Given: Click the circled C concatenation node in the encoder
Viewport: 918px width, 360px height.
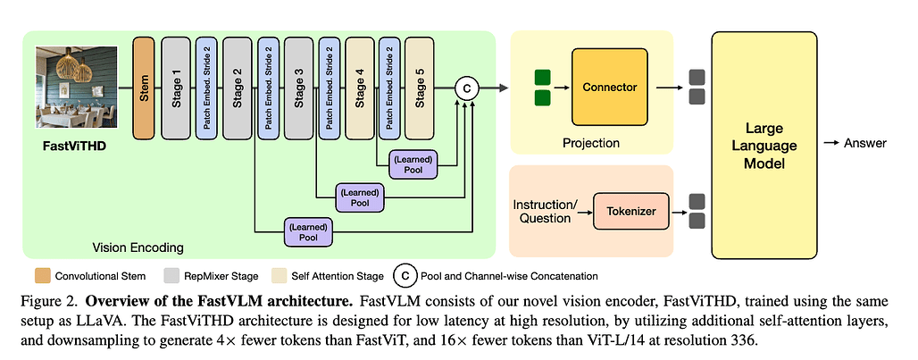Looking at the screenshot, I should [x=467, y=88].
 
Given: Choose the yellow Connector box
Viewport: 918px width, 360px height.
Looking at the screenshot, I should [x=610, y=88].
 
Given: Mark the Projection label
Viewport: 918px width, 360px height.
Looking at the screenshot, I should [x=591, y=143].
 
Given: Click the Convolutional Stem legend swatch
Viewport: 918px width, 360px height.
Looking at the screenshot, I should [x=41, y=276].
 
